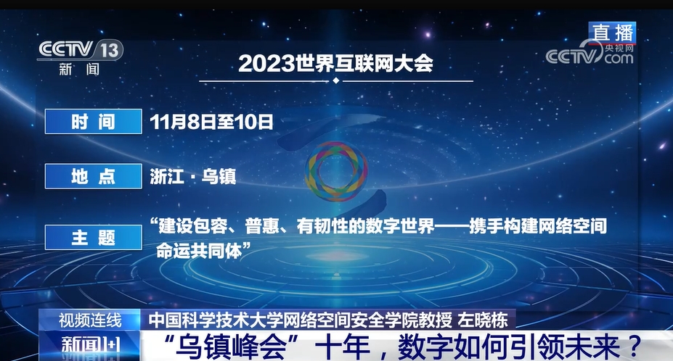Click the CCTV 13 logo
pos(81,50)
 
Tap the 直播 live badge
pos(612,33)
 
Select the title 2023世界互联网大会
pos(335,64)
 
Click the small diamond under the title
pos(336,80)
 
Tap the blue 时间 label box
pos(94,121)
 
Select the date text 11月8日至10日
pos(211,122)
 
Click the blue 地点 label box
pos(94,175)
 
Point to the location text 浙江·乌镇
pos(193,176)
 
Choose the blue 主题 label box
pos(94,237)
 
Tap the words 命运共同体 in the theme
pos(199,251)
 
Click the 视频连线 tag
pos(90,320)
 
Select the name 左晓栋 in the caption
pos(484,320)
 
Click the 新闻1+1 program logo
pos(91,346)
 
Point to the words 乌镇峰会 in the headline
pos(232,347)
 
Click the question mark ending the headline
pos(631,347)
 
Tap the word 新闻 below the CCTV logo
pos(79,69)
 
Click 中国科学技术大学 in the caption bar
pos(215,320)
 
